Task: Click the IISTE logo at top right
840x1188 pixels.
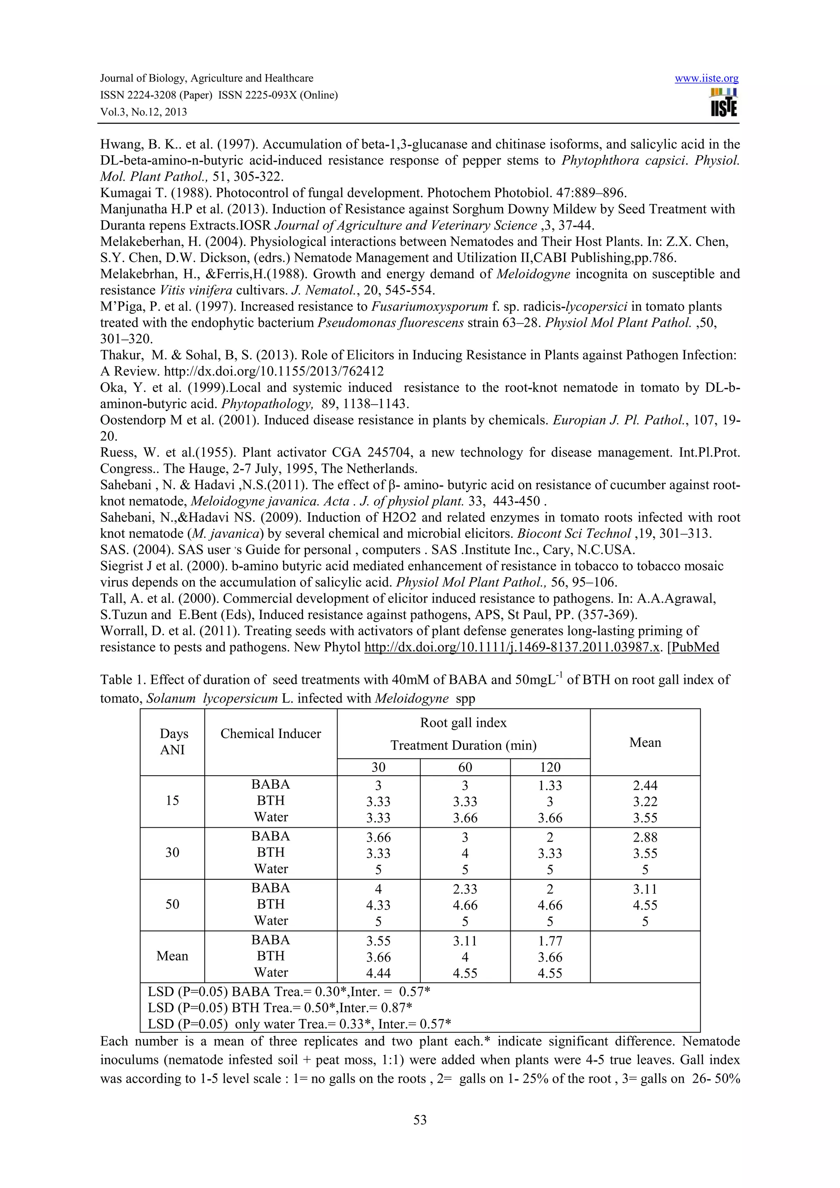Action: (724, 102)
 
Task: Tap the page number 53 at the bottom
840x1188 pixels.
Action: (420, 1120)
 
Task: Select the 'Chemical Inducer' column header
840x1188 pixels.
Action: (271, 734)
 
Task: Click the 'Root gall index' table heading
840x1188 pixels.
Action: (463, 723)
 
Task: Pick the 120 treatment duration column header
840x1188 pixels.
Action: (550, 767)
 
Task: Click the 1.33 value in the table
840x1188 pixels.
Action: (550, 785)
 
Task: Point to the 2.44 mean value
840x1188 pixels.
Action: (645, 785)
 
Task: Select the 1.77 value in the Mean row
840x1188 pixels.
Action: (550, 941)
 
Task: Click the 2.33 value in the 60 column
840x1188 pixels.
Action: (465, 889)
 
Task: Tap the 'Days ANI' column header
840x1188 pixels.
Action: (173, 742)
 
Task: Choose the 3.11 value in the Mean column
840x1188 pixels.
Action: (645, 889)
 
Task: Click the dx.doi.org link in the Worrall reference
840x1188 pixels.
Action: (512, 647)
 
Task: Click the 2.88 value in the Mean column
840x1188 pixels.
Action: (645, 837)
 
